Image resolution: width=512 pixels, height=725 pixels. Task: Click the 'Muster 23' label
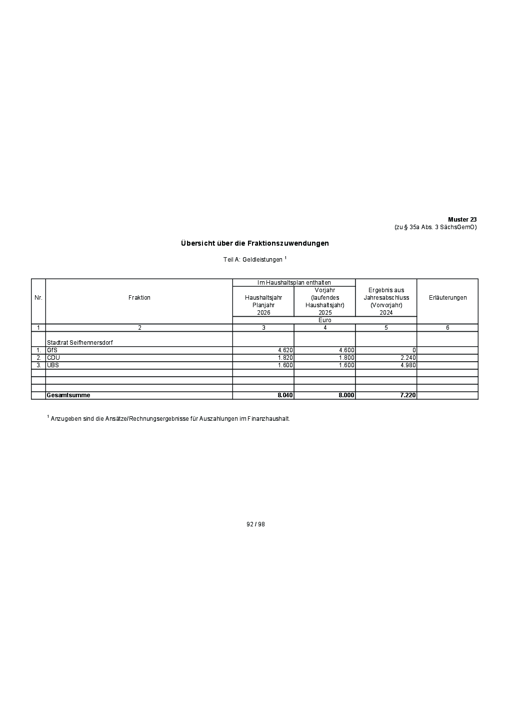[462, 220]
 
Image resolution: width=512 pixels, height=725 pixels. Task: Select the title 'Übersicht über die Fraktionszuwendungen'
[254, 244]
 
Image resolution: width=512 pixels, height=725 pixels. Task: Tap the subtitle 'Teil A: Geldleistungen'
[253, 260]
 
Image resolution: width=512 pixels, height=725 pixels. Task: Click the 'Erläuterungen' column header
[447, 298]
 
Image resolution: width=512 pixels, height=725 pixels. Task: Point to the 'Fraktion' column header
[139, 298]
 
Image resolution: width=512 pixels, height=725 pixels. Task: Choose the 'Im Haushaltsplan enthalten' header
[294, 283]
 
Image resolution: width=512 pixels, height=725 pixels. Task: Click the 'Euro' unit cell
[324, 320]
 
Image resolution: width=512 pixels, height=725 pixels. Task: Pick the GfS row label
[52, 350]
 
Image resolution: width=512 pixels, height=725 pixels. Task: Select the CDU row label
[53, 358]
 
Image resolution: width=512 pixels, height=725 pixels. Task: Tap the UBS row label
[53, 365]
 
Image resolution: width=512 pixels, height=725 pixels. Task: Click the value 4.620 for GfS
[285, 350]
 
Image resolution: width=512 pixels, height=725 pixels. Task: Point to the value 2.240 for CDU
[408, 358]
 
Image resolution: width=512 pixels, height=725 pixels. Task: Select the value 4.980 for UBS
[408, 365]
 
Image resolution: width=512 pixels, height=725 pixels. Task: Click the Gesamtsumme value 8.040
[285, 395]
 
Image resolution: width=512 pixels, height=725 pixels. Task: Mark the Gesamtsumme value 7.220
[407, 395]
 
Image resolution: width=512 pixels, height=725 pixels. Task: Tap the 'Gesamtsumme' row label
[68, 395]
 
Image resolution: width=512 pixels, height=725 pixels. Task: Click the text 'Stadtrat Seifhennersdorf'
[79, 343]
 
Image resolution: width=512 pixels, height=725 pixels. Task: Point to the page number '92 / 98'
[255, 524]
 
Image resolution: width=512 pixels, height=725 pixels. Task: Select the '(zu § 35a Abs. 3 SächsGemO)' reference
[435, 227]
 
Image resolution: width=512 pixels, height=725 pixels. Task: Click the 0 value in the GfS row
[414, 350]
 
